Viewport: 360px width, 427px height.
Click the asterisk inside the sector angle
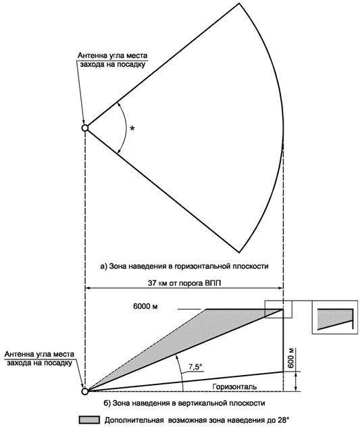pyautogui.click(x=132, y=128)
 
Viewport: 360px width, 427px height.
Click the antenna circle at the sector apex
pyautogui.click(x=85, y=128)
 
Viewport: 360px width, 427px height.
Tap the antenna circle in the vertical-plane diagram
pyautogui.click(x=85, y=391)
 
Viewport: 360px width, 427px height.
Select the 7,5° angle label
pyautogui.click(x=195, y=367)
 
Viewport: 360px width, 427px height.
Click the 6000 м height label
pyautogui.click(x=145, y=306)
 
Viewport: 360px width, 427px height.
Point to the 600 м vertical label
pyautogui.click(x=291, y=358)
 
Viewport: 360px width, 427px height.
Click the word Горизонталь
pyautogui.click(x=234, y=386)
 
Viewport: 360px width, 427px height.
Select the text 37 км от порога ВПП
pyautogui.click(x=184, y=283)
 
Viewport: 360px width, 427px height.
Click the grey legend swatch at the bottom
pyautogui.click(x=89, y=420)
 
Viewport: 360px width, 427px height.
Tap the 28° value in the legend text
pyautogui.click(x=283, y=420)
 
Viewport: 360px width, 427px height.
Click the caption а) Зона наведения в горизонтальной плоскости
pyautogui.click(x=184, y=266)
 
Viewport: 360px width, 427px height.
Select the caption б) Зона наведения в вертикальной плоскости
pyautogui.click(x=184, y=403)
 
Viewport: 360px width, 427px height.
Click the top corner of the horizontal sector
pyautogui.click(x=239, y=3)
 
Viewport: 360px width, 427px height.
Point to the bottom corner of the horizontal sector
pyautogui.click(x=239, y=253)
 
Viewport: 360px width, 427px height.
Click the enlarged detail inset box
pyautogui.click(x=335, y=317)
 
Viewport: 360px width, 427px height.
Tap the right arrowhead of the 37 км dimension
pyautogui.click(x=280, y=288)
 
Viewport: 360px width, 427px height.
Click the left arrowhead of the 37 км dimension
pyautogui.click(x=88, y=288)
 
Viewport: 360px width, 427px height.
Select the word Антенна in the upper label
pyautogui.click(x=91, y=55)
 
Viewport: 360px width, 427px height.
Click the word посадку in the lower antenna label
pyautogui.click(x=58, y=363)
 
